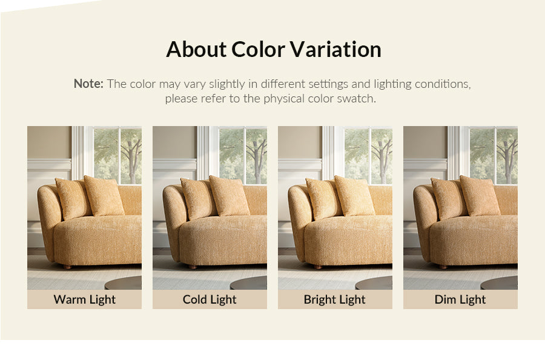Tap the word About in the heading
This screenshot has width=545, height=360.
click(x=196, y=49)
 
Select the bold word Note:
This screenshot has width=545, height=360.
click(x=88, y=84)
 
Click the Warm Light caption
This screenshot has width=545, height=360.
click(x=84, y=299)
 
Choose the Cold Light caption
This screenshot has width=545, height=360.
click(x=210, y=299)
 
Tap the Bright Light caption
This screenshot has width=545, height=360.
click(x=335, y=299)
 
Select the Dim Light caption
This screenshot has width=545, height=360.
click(x=460, y=299)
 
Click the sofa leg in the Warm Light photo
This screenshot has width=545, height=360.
click(x=67, y=267)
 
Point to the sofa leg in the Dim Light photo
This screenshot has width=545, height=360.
click(x=443, y=267)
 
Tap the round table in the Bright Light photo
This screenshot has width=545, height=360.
click(x=374, y=283)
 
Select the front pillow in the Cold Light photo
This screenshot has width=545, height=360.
click(x=230, y=196)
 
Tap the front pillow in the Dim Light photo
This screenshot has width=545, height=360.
click(x=480, y=196)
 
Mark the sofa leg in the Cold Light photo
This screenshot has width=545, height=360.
click(x=193, y=267)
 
